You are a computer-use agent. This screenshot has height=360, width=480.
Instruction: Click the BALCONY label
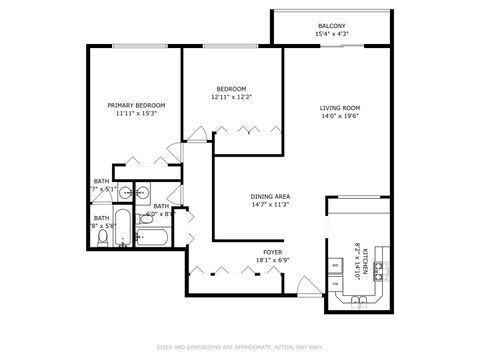click(332, 25)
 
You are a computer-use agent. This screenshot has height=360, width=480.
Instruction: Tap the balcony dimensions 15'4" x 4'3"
click(332, 34)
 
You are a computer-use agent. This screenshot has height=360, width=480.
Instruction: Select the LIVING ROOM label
click(339, 107)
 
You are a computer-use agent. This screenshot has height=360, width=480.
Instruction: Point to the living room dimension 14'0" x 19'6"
click(339, 116)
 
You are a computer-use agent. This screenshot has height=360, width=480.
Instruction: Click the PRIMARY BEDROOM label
click(136, 105)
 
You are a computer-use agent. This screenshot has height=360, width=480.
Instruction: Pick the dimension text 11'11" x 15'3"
click(136, 114)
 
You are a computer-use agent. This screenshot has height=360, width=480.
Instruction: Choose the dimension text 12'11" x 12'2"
click(231, 98)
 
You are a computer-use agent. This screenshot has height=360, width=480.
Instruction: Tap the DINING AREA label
click(242, 196)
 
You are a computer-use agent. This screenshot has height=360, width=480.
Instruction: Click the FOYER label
click(272, 251)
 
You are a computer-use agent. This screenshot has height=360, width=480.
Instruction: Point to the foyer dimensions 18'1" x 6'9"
click(272, 260)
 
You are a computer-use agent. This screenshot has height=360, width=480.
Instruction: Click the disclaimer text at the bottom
click(239, 348)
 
